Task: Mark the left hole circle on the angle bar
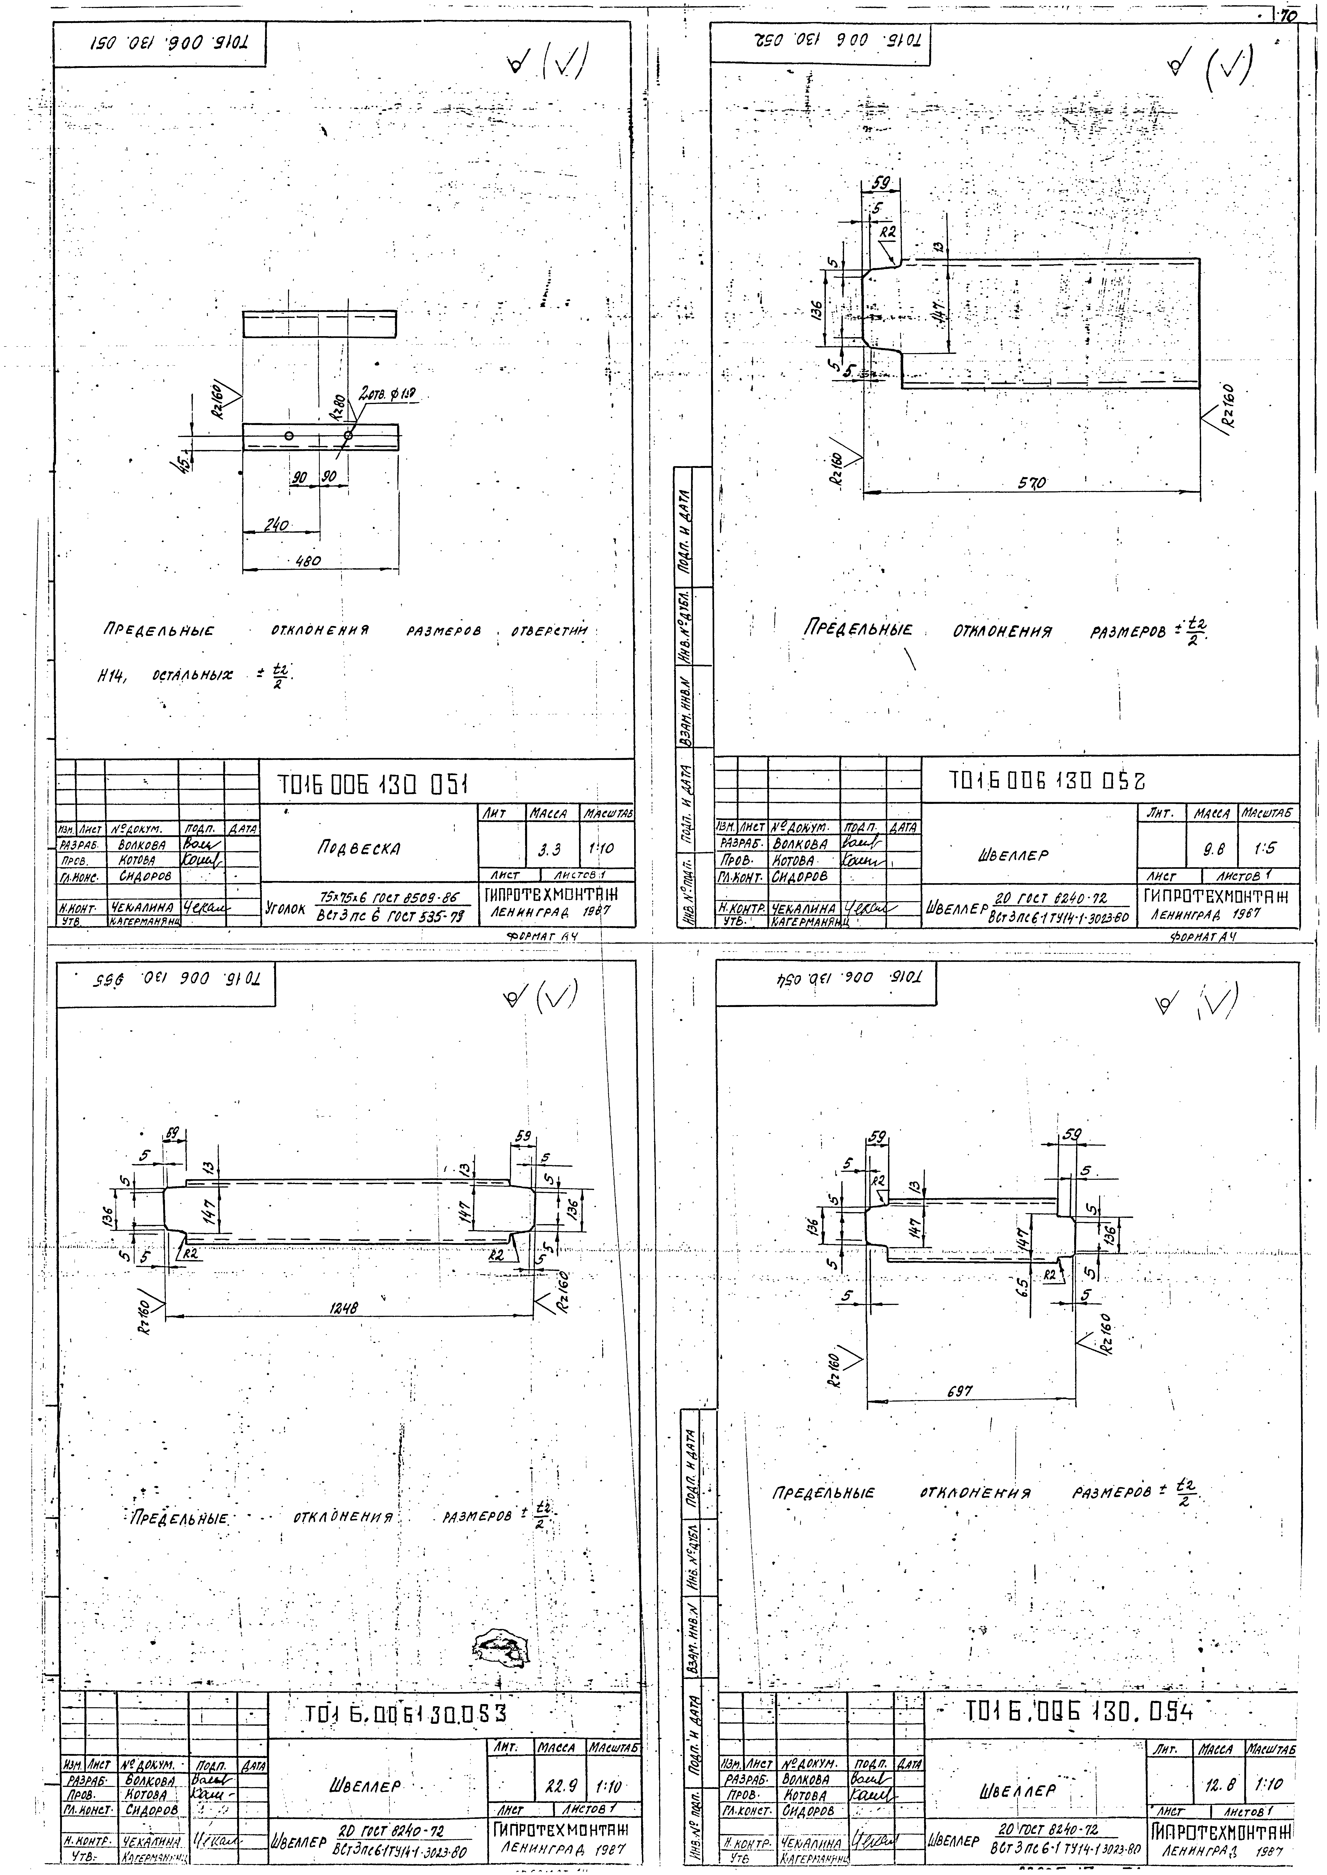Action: [x=288, y=435]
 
